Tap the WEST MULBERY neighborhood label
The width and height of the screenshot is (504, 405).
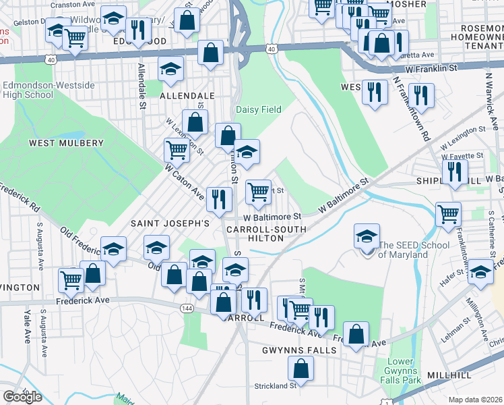coord(66,143)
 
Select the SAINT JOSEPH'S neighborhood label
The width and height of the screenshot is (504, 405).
coord(170,223)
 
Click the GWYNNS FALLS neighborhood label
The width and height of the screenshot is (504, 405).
coord(294,350)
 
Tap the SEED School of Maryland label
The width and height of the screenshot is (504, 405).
coord(403,250)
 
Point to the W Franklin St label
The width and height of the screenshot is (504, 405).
coord(431,68)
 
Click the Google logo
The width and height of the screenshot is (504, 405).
coord(22,397)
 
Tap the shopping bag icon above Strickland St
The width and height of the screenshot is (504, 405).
coord(301,369)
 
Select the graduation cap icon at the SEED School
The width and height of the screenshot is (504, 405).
coord(367,236)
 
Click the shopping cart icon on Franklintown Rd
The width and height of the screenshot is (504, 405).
coord(448,215)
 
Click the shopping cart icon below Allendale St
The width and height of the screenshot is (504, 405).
coord(177,150)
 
